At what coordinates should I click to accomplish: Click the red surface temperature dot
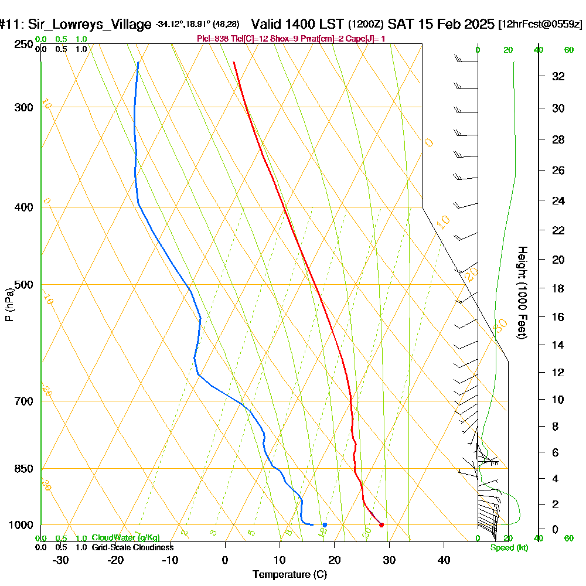coord(381,524)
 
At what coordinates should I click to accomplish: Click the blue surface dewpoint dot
coord(325,524)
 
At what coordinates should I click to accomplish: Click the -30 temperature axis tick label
coord(61,560)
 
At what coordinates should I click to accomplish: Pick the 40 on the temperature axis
coord(444,560)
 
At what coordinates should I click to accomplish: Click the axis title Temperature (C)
coord(289,574)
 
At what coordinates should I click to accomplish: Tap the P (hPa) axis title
coord(9,304)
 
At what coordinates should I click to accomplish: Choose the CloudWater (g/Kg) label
coord(125,538)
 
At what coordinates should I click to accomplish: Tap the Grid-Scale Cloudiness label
coord(132,547)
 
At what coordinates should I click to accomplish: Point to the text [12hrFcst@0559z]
coord(540,25)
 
